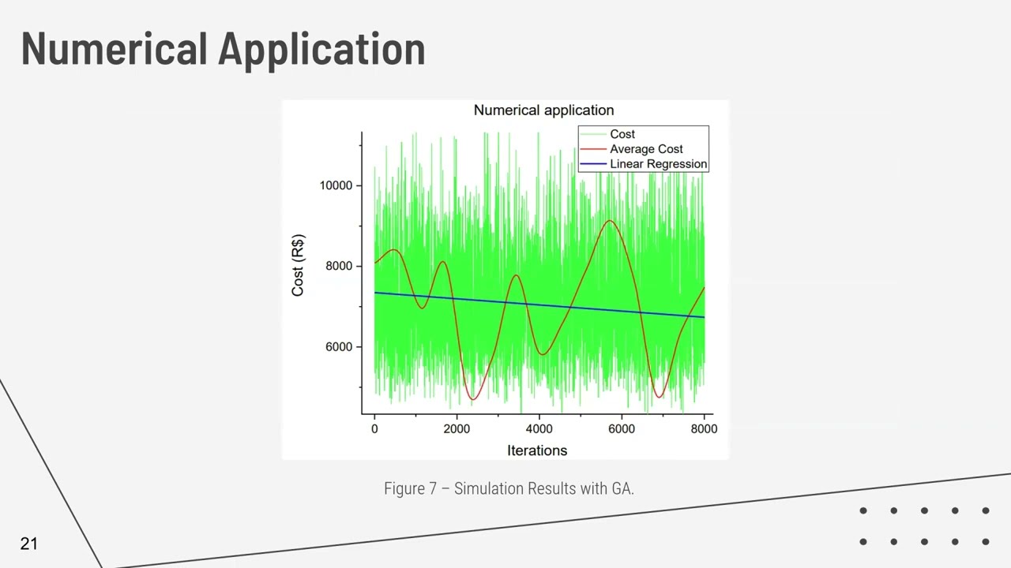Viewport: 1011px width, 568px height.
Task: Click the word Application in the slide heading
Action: coord(321,49)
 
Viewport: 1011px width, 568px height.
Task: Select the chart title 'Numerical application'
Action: coord(543,110)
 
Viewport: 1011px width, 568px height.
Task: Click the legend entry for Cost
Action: coord(622,134)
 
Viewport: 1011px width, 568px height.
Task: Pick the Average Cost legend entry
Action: coord(645,149)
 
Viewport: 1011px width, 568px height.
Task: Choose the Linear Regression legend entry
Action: coord(658,164)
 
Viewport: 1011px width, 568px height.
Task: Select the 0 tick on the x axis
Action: coord(374,428)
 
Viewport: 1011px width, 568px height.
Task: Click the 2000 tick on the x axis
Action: coord(457,428)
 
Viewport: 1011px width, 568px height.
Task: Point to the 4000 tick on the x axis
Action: coord(539,428)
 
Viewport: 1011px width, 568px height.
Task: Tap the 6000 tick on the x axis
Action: coord(621,428)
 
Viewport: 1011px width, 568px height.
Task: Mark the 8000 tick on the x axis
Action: coord(703,428)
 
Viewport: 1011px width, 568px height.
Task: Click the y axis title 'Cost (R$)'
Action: coord(298,266)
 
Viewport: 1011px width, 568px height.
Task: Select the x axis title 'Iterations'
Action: coord(537,450)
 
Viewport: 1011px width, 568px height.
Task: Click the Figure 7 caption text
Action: coord(509,488)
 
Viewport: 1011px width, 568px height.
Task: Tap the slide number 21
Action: coord(29,544)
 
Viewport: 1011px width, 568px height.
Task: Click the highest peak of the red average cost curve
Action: coord(610,221)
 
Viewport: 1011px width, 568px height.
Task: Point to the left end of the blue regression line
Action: coord(375,293)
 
